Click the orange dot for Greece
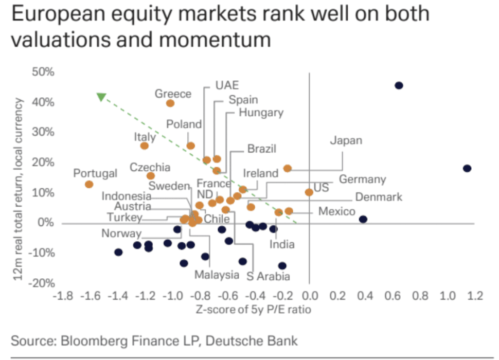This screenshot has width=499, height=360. point(170,103)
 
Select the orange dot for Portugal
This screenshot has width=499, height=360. point(89,184)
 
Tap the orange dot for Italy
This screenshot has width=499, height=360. point(145,146)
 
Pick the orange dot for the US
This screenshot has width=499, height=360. point(309,192)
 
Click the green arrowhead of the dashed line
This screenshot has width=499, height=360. point(101,97)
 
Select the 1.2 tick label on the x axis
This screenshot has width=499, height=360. point(474,297)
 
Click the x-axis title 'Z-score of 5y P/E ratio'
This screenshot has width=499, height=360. point(254,310)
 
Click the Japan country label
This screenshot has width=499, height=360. point(346,140)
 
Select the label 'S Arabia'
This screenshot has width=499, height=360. point(268,277)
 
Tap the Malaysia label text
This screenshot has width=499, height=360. point(217,275)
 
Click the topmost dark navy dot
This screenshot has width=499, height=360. point(398,85)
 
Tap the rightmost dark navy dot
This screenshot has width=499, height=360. point(467,168)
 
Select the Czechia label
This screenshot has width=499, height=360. point(150,167)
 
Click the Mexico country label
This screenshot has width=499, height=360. point(336,211)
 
